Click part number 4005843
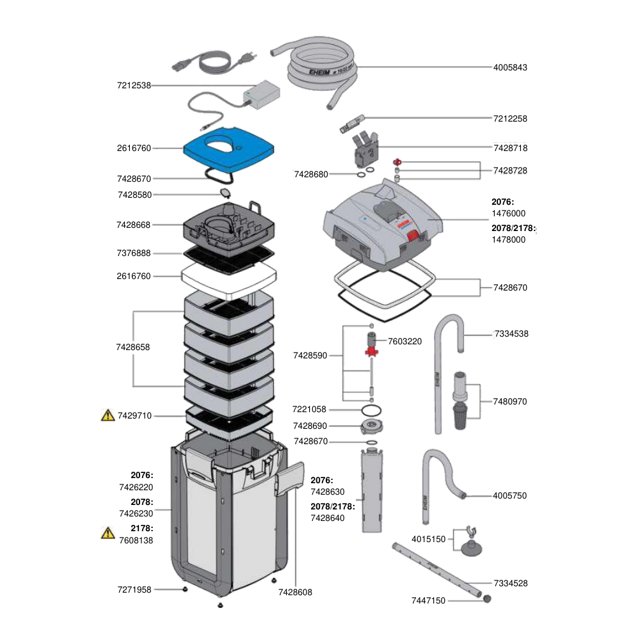[510, 67]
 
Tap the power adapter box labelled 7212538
[262, 95]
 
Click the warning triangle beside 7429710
[108, 415]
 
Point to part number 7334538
[511, 334]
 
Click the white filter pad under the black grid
[229, 280]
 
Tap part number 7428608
[295, 592]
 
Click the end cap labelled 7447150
[486, 599]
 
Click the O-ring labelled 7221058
[371, 410]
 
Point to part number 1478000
[508, 239]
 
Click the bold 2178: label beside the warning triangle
[141, 528]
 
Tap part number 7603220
[404, 341]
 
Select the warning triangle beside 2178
[108, 533]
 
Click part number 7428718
[510, 148]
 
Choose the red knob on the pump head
[413, 236]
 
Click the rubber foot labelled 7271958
[185, 589]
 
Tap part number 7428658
[132, 347]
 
